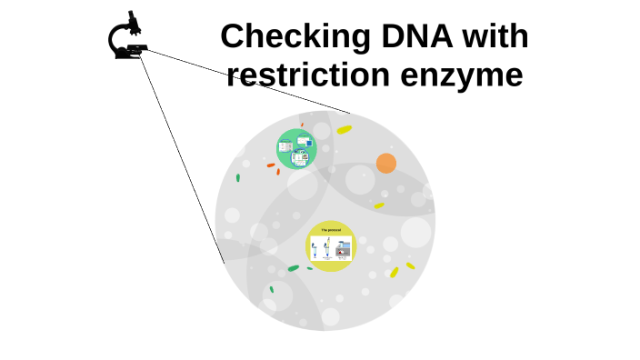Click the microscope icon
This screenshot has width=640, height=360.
pos(129,37)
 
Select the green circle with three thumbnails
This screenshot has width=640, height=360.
pos(295,149)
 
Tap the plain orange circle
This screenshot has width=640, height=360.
pos(386,164)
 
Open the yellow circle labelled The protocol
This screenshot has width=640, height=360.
pos(331,245)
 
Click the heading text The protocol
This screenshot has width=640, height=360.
pos(331,230)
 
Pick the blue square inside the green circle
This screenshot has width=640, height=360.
pos(309,143)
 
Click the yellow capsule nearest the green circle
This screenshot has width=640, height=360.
pos(344,130)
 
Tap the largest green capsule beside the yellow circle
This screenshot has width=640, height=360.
pos(293,268)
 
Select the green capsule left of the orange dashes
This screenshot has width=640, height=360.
pos(238,178)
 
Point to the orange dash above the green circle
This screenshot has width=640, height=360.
pos(302,125)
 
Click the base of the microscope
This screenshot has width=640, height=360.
pos(127,55)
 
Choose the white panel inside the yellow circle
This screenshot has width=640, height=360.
pos(331,249)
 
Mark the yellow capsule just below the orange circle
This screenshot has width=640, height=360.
pos(379,205)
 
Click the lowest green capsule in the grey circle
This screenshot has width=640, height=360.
pos(271,290)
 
